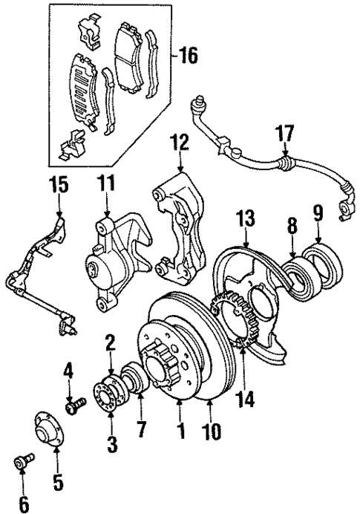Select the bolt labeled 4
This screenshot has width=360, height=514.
click(x=73, y=406)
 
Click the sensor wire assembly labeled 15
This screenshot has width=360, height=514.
click(x=33, y=275)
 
